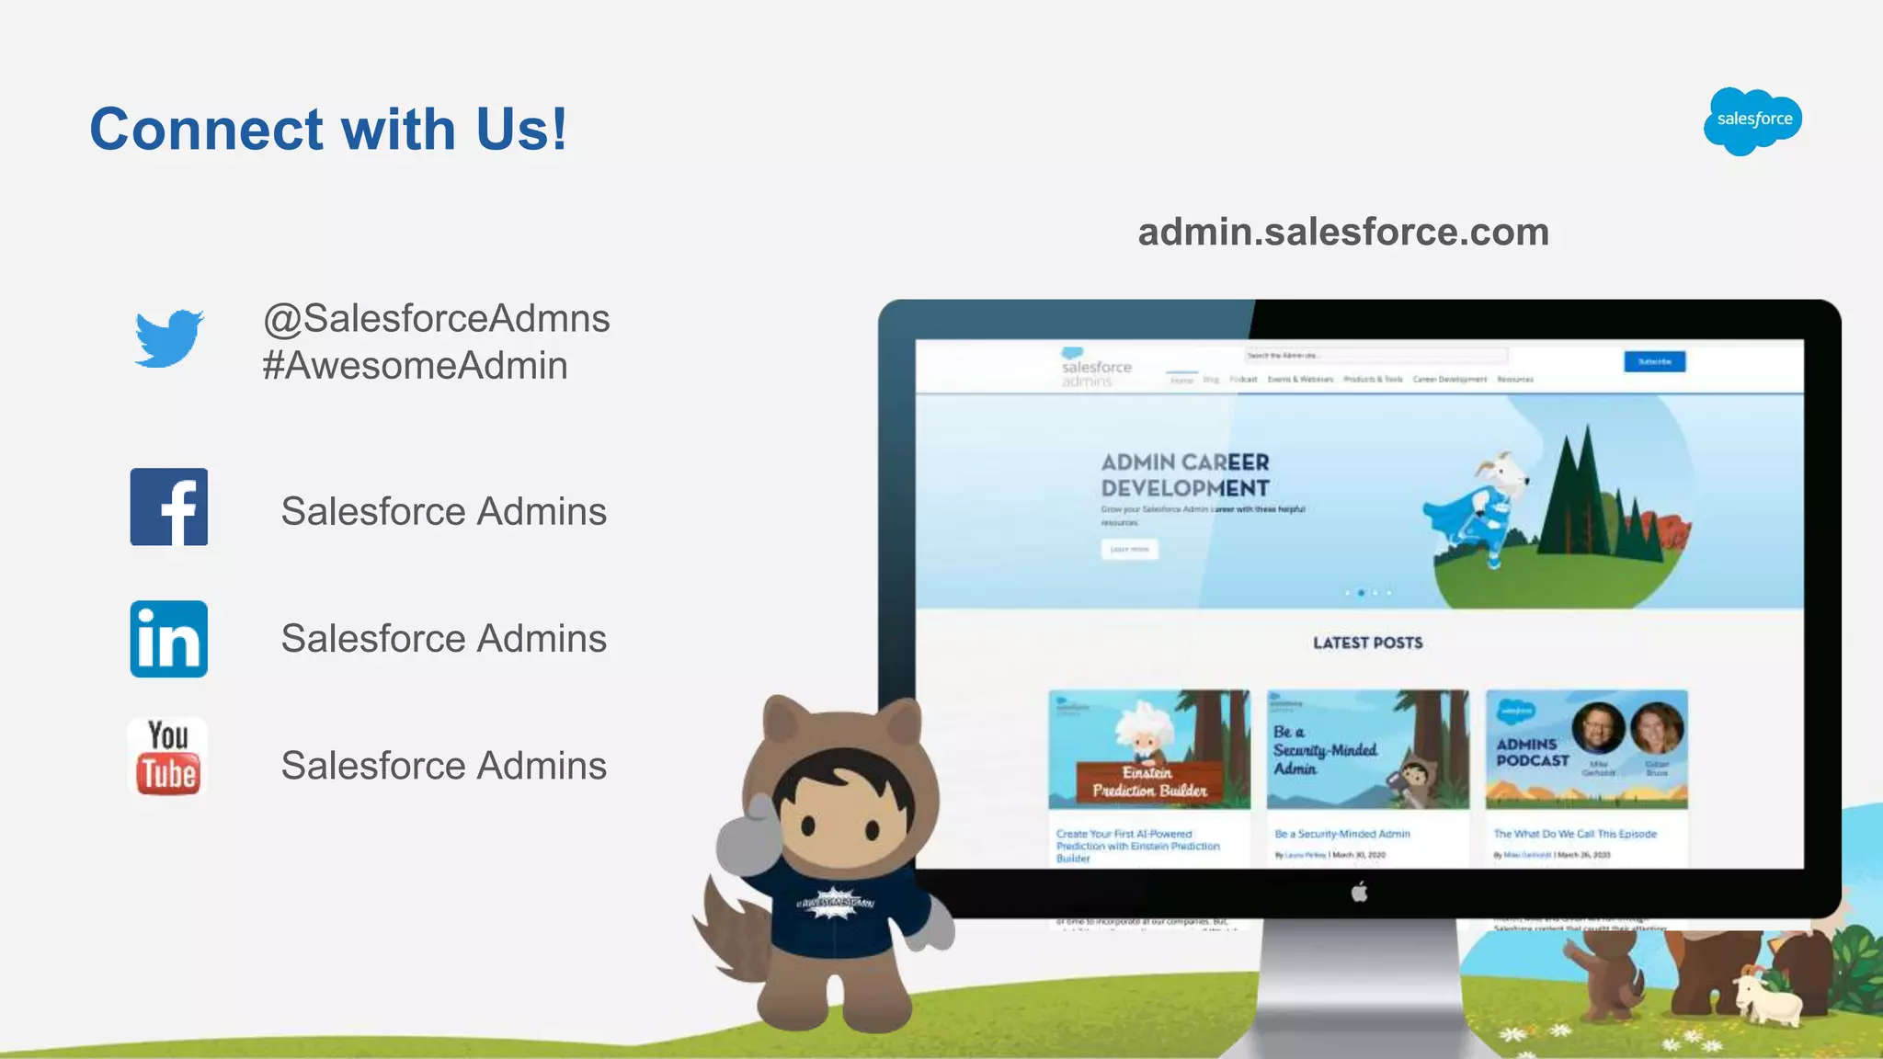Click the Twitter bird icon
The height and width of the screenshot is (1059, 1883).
tap(168, 338)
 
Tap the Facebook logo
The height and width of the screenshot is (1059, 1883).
tap(169, 507)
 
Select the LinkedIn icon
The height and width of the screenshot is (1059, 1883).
tap(169, 639)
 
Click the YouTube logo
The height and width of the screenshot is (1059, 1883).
tap(167, 757)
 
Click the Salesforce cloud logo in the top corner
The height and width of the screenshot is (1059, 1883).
tap(1752, 120)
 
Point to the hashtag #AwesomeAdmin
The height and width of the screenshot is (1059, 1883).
tap(415, 366)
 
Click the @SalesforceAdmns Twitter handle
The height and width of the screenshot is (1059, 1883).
tap(436, 318)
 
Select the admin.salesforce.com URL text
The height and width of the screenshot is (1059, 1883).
tap(1343, 232)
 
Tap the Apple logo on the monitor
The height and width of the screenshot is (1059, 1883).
tap(1360, 891)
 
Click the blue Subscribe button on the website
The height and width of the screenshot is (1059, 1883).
tap(1654, 361)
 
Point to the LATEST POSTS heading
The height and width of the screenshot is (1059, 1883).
tap(1367, 643)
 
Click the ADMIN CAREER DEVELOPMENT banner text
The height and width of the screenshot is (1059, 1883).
tap(1185, 475)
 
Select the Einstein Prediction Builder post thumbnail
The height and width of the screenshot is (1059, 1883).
tap(1149, 749)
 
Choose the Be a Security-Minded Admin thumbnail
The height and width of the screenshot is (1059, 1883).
tap(1367, 749)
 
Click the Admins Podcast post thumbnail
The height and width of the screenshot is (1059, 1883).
tap(1586, 749)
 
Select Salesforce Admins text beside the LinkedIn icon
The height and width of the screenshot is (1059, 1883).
tap(443, 639)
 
